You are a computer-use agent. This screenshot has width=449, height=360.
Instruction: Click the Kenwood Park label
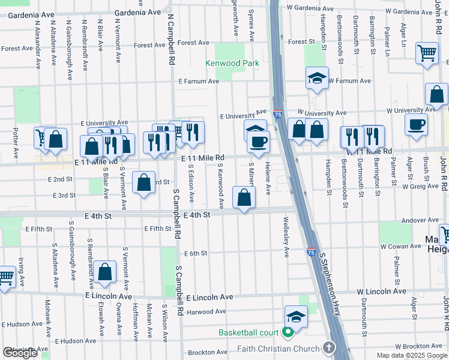(x=232, y=63)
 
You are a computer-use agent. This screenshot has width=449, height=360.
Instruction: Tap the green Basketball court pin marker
(x=288, y=332)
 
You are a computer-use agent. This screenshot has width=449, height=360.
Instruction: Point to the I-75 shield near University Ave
(x=277, y=113)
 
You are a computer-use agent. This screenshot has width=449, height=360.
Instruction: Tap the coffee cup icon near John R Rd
(x=416, y=124)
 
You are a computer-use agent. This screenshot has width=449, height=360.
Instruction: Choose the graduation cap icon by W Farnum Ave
(x=317, y=78)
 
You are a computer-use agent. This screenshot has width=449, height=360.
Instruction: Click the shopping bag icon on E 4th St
(x=244, y=197)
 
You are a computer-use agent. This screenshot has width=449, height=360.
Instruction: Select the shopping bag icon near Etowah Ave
(x=104, y=271)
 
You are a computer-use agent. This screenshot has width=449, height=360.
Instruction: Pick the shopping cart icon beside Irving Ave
(x=5, y=277)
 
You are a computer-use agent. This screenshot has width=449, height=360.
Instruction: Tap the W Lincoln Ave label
(x=382, y=291)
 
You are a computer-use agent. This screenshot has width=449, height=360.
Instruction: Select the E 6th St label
(x=195, y=253)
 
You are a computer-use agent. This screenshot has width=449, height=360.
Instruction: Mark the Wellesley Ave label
(x=286, y=238)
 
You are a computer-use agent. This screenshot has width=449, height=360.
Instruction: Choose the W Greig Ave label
(x=421, y=187)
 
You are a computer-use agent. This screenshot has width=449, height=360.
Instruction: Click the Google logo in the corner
(x=20, y=353)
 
